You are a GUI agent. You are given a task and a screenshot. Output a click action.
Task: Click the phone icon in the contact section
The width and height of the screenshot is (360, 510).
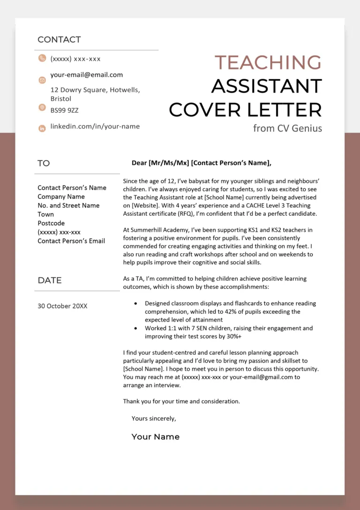tap(42, 59)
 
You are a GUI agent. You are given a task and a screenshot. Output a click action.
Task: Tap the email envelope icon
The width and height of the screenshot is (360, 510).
tap(42, 80)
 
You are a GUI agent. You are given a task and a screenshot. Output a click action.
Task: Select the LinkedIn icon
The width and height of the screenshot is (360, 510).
tap(42, 128)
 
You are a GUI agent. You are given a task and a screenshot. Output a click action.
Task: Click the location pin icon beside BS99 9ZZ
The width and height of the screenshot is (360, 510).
tap(42, 107)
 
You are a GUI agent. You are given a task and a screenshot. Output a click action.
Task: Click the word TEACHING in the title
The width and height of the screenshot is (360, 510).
tap(268, 62)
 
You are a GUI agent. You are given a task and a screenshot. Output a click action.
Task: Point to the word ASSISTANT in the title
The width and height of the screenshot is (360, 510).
tap(266, 86)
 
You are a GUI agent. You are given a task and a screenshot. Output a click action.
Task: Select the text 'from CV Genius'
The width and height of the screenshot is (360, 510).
tap(287, 128)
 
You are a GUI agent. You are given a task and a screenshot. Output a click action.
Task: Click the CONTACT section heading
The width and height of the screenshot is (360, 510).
tap(59, 40)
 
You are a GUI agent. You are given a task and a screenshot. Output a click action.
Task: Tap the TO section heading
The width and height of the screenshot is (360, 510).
tap(44, 163)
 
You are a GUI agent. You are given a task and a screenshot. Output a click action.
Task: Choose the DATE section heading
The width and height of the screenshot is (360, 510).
tap(50, 280)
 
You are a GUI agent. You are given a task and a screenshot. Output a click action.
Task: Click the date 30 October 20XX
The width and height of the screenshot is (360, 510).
tap(62, 306)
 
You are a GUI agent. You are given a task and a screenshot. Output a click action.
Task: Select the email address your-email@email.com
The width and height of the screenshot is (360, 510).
tap(87, 75)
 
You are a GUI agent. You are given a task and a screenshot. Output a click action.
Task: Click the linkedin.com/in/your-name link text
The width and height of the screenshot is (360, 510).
tap(95, 126)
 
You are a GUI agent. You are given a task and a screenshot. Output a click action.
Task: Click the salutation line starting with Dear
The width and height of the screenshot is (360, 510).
tap(202, 163)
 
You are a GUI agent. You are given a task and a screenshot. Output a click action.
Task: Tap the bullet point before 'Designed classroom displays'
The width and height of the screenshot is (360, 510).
tap(135, 304)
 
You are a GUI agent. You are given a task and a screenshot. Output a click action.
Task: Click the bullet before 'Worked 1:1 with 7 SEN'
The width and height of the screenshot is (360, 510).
tap(135, 328)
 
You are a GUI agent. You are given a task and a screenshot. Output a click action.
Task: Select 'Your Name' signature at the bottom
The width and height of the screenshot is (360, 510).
tap(156, 437)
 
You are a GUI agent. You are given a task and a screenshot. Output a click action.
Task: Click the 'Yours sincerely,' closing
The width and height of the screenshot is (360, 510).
tap(154, 418)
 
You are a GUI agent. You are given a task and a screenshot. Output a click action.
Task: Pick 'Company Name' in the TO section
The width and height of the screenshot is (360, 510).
tap(61, 197)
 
